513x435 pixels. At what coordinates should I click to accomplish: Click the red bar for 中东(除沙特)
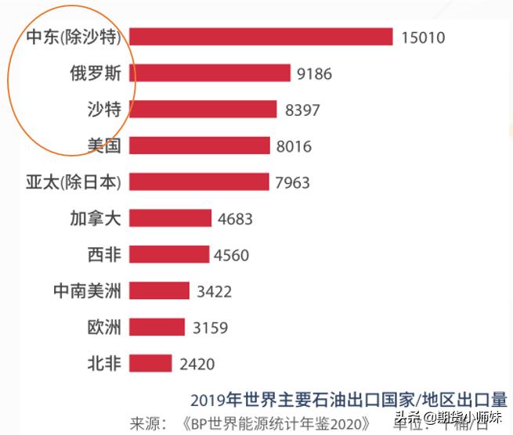pyautogui.click(x=260, y=37)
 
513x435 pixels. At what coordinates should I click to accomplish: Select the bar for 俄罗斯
pyautogui.click(x=210, y=74)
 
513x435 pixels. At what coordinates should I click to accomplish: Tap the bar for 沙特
pyautogui.click(x=203, y=110)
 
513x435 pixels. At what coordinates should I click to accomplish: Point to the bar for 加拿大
pyautogui.click(x=170, y=218)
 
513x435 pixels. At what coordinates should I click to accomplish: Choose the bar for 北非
pyautogui.click(x=150, y=363)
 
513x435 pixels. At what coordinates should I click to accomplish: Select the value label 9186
pyautogui.click(x=315, y=74)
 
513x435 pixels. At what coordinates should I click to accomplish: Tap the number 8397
pyautogui.click(x=302, y=110)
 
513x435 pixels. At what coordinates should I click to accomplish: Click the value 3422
pyautogui.click(x=214, y=292)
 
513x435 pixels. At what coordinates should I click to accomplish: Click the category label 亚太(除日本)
pyautogui.click(x=74, y=182)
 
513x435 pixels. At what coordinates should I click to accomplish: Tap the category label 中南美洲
pyautogui.click(x=87, y=291)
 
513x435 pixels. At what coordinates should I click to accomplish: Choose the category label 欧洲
pyautogui.click(x=104, y=327)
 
